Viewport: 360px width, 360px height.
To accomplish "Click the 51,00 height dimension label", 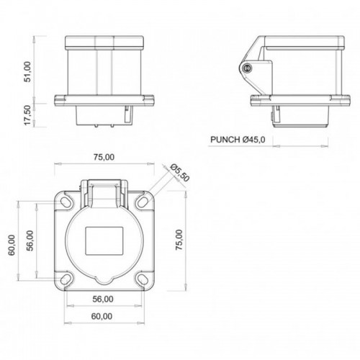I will click(27, 72).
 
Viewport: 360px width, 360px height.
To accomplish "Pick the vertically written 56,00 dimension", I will click(30, 241).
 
